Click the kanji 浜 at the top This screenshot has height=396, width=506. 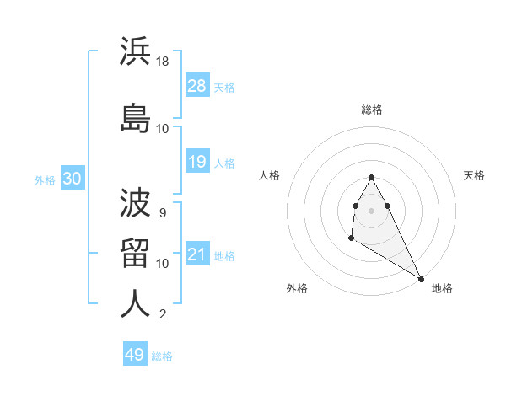135,52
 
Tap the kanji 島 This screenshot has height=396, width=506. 135,118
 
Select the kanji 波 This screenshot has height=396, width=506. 135,202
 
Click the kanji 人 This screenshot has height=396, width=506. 135,302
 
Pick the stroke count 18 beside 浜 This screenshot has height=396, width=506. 164,62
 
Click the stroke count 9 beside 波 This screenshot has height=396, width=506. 162,213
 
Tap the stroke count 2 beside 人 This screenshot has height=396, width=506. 162,315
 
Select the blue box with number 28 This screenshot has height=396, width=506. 196,86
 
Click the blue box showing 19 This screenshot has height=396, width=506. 196,162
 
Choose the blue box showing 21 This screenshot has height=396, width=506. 196,254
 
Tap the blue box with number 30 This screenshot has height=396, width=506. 72,179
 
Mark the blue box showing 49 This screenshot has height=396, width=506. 135,355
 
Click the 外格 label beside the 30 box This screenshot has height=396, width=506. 45,179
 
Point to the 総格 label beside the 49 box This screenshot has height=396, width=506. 162,356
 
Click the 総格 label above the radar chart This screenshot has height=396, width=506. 372,110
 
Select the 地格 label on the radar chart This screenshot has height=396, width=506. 442,288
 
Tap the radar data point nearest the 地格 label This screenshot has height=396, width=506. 422,278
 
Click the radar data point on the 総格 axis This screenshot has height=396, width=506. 371,178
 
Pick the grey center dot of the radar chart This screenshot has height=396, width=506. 372,210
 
